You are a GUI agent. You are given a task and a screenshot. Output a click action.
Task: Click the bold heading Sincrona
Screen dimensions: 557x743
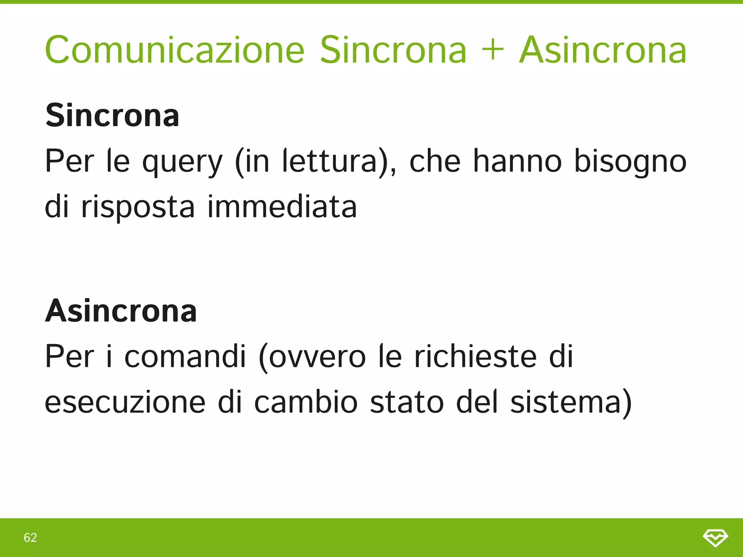coord(112,115)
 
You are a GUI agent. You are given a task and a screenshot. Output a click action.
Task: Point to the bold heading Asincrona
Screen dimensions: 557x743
coord(121,311)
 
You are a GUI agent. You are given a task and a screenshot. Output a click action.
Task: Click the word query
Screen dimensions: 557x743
coord(182,162)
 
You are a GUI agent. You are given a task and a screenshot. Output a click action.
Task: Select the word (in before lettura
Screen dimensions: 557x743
coord(253,161)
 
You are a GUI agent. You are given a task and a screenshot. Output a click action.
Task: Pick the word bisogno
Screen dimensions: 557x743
coord(631,162)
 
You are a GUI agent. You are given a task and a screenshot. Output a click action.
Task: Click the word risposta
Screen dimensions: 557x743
coord(138,207)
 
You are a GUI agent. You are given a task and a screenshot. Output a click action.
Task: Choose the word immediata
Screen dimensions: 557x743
coord(282,206)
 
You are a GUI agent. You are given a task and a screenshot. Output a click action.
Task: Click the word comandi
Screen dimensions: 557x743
coord(185,356)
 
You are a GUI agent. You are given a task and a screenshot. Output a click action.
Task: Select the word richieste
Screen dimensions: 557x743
coord(475,356)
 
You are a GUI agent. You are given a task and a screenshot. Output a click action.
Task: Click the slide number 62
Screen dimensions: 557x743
coord(30,537)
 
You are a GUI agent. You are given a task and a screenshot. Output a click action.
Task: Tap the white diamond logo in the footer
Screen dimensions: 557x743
coord(715,537)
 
